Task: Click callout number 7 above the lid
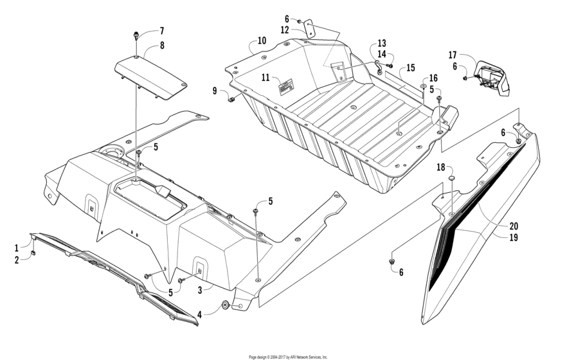162,31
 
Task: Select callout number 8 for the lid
162,46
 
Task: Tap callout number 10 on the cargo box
262,41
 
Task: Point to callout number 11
265,77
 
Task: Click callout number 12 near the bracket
285,30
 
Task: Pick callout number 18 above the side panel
441,167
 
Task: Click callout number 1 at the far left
17,248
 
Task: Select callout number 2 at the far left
17,260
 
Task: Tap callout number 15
411,67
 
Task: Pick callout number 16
433,78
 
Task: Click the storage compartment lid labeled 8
151,78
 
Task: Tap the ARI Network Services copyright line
288,356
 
